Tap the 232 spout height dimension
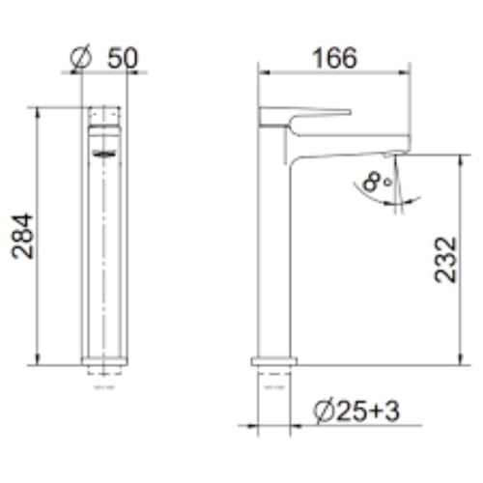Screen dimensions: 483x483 point(446,258)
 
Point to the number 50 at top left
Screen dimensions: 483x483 point(122,57)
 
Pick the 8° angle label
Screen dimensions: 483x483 point(380,180)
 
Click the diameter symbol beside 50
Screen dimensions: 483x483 point(82,58)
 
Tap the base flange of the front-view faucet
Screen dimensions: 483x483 point(103,364)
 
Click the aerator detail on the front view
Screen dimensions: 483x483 point(103,152)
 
